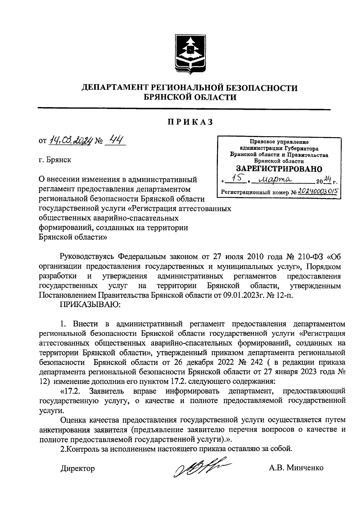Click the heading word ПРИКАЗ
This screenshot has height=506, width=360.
pos(190,122)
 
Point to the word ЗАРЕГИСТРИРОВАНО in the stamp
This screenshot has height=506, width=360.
pos(279,169)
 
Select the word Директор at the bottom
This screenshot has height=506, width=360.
pos(77,468)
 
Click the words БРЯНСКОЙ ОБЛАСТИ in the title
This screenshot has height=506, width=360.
pos(190,97)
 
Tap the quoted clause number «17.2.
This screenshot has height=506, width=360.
pos(71,391)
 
